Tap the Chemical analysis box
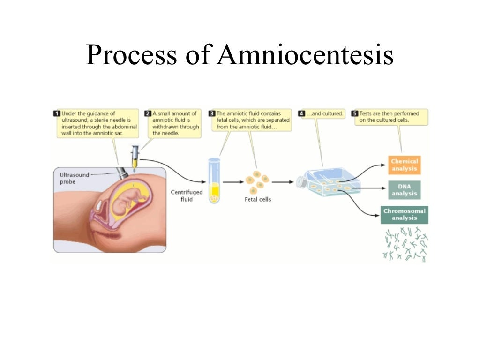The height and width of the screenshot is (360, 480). pyautogui.click(x=404, y=165)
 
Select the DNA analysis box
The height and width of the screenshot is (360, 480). pyautogui.click(x=404, y=189)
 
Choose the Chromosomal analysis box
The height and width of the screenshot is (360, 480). pyautogui.click(x=404, y=214)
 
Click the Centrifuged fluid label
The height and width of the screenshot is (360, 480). pyautogui.click(x=180, y=195)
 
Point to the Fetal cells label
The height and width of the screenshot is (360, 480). pyautogui.click(x=258, y=199)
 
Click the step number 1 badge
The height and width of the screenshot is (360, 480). pyautogui.click(x=57, y=113)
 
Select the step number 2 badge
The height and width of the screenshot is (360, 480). pyautogui.click(x=148, y=113)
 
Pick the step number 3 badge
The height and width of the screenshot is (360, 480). pyautogui.click(x=211, y=113)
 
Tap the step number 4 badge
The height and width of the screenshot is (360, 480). pyautogui.click(x=301, y=113)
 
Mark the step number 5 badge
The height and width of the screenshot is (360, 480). pyautogui.click(x=355, y=113)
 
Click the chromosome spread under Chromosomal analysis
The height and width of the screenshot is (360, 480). pyautogui.click(x=405, y=244)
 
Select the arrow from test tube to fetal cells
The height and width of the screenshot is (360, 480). pyautogui.click(x=232, y=181)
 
